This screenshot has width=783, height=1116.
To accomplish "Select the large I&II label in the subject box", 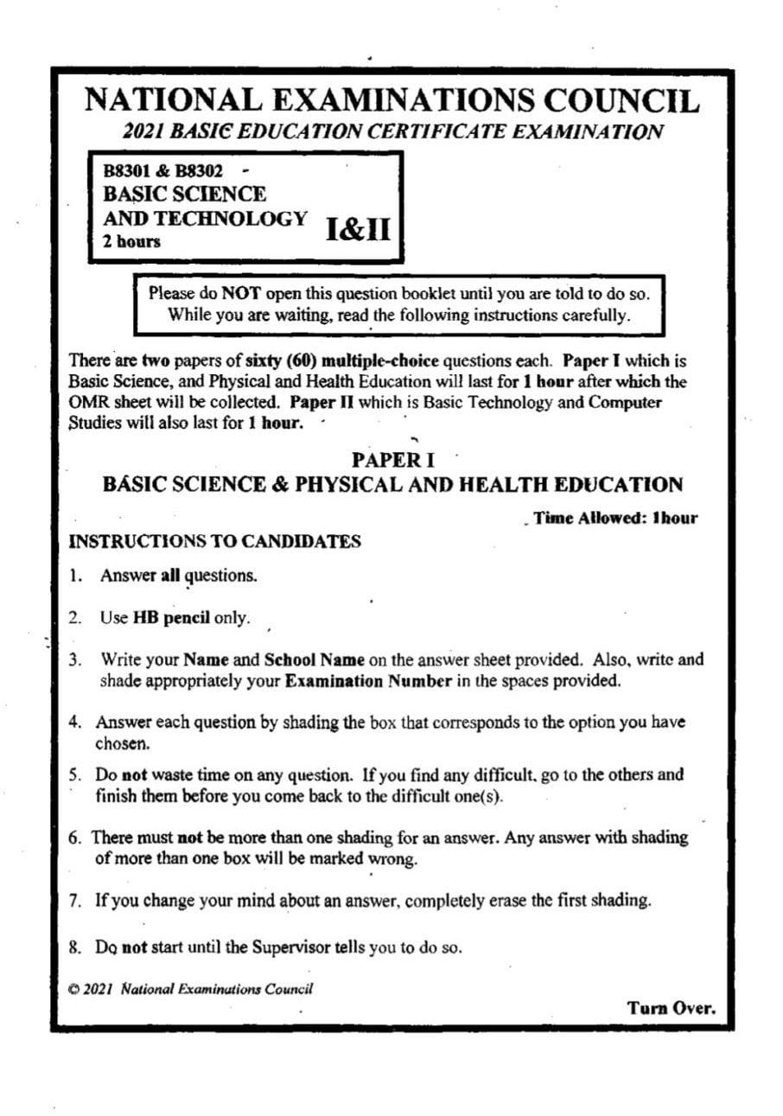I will [358, 229].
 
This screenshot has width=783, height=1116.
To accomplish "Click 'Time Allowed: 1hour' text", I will [615, 519].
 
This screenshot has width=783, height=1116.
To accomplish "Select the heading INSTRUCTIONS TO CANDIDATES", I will [214, 542].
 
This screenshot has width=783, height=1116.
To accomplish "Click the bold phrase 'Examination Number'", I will [368, 680].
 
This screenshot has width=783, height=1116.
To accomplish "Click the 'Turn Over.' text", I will [672, 1008].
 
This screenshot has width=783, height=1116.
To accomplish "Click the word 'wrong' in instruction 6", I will [392, 859].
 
